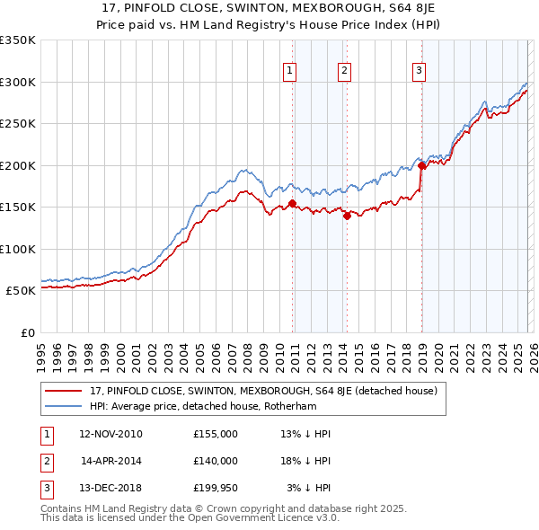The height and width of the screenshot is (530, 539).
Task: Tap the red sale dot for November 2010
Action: click(x=293, y=203)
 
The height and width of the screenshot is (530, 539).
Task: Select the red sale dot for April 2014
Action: click(x=347, y=216)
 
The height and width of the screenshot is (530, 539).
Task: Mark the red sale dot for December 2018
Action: click(x=421, y=165)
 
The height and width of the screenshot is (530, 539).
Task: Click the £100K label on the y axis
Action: click(x=18, y=249)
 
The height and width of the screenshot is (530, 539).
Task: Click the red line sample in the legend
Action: click(x=63, y=391)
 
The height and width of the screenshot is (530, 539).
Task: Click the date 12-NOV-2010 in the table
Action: click(x=110, y=434)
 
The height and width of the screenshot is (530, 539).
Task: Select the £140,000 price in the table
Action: click(x=215, y=461)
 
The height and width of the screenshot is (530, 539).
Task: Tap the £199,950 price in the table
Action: click(x=215, y=488)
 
